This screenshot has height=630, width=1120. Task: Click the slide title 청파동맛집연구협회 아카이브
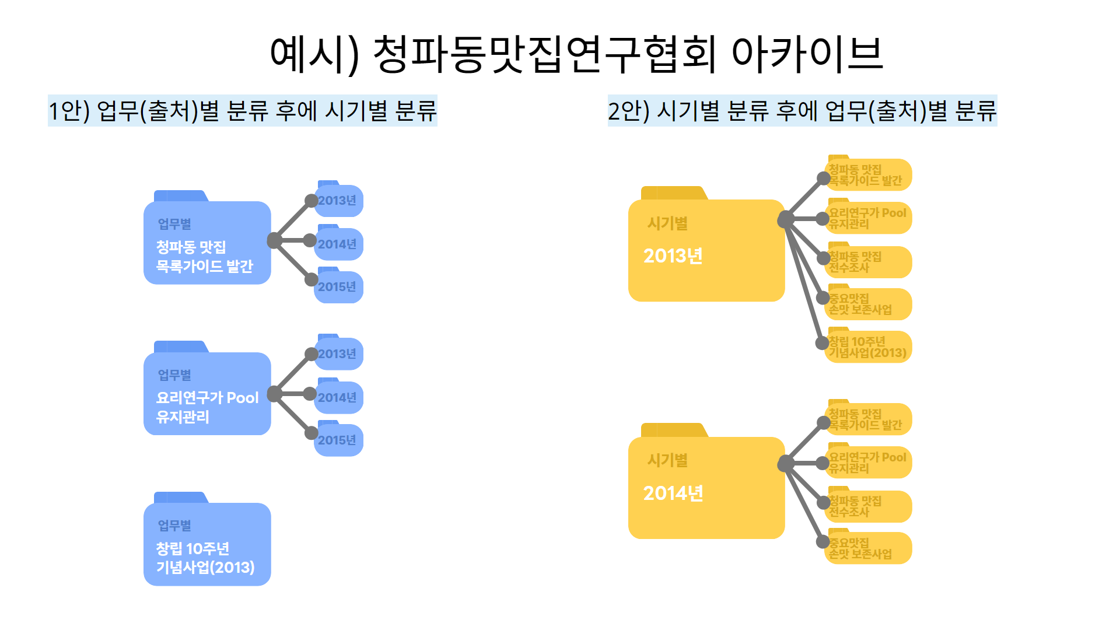click(x=576, y=54)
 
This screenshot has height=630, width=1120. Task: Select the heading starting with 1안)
click(x=242, y=111)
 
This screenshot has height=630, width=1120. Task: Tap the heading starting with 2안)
click(x=802, y=111)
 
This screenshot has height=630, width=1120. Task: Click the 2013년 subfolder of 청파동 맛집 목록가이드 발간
click(x=339, y=200)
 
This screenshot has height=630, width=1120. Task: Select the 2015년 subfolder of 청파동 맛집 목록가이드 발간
click(x=339, y=286)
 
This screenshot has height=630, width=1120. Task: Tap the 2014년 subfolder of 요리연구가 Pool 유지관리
click(x=339, y=397)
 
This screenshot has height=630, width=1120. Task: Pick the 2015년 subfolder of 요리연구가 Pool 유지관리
click(x=339, y=440)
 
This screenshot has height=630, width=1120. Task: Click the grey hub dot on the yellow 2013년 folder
click(x=786, y=219)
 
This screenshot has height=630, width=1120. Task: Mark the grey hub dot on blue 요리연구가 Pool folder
click(x=274, y=394)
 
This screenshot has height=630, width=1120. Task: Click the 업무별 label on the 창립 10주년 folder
click(x=174, y=526)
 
